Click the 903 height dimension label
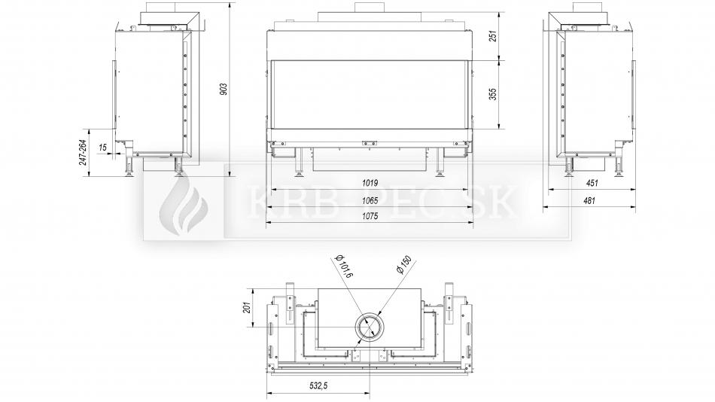(x=224, y=89)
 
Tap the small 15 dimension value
(x=102, y=148)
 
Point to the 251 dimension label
(x=492, y=36)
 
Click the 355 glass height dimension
(x=492, y=94)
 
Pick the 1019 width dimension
(x=370, y=183)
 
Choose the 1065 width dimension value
(x=370, y=199)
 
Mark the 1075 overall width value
(x=370, y=216)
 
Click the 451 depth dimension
(x=592, y=183)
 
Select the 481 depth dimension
(x=589, y=199)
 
